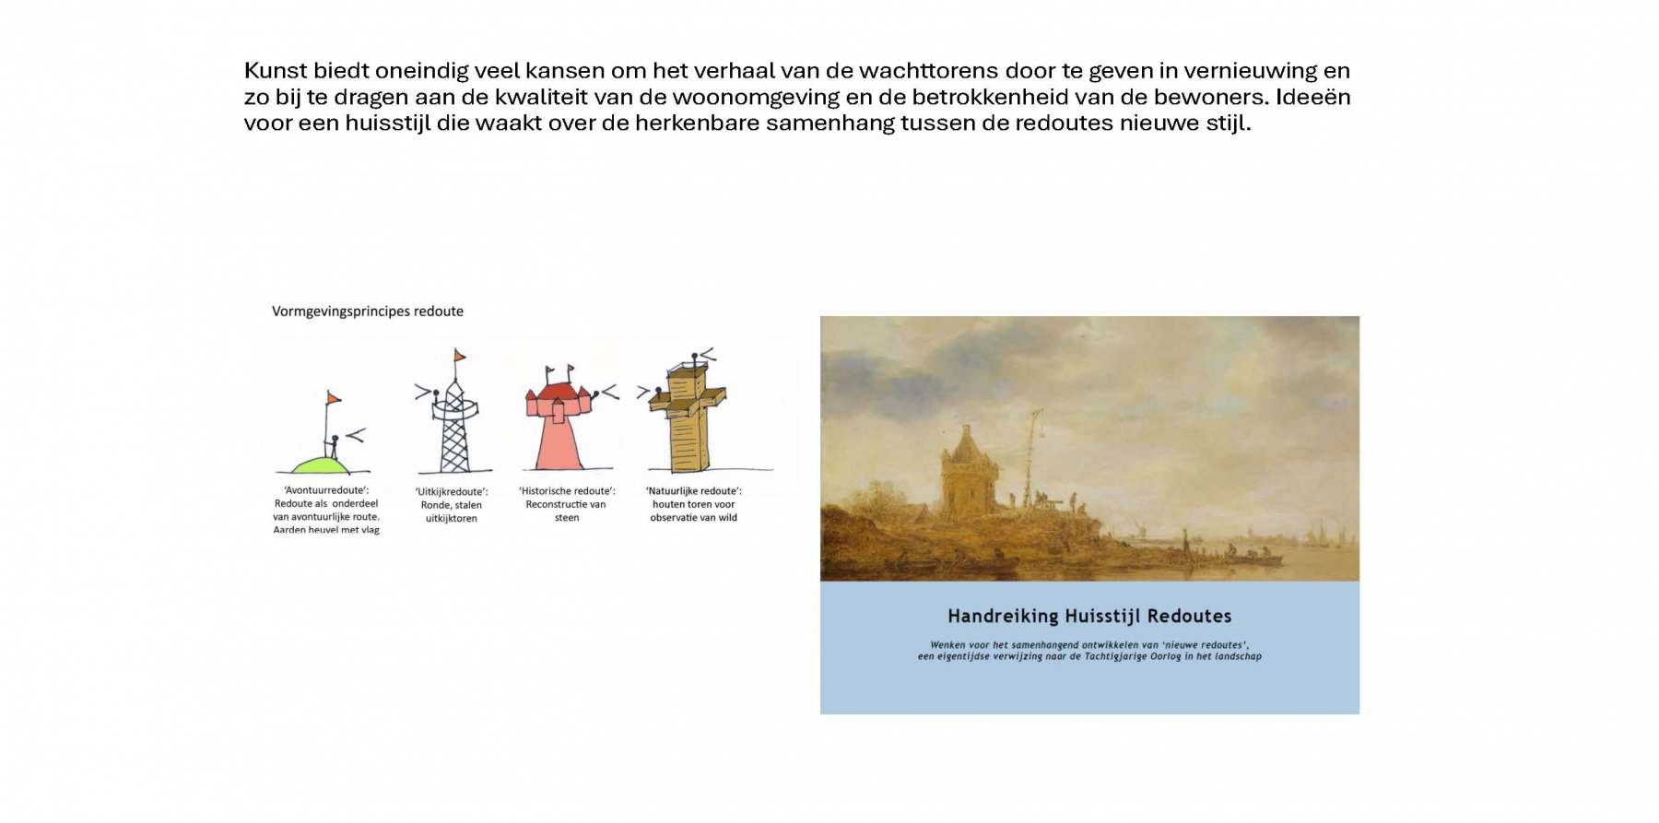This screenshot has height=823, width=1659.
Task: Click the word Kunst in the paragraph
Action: coord(276,71)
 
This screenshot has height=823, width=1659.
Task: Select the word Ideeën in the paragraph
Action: coord(1313,97)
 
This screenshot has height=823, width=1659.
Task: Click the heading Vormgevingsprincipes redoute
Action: coord(368,312)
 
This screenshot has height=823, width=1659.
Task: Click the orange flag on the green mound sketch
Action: coord(333,398)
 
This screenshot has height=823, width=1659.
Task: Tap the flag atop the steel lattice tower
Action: coord(459,356)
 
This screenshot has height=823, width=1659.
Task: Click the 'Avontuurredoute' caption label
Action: coord(326,510)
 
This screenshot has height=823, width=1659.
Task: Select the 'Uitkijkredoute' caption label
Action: coord(452,505)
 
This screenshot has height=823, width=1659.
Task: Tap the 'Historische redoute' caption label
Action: coord(567,504)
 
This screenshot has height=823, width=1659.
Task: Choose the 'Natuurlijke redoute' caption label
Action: coord(694,504)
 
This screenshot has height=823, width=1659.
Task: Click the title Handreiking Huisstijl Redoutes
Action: coord(1089,616)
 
